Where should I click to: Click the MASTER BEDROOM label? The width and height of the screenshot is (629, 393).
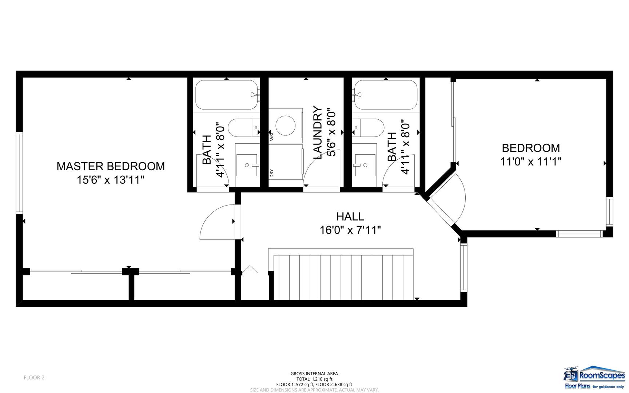coord(111,166)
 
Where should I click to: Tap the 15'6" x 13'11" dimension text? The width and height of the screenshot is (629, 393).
coord(111,180)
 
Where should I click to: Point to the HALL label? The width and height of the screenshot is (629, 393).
coord(350,217)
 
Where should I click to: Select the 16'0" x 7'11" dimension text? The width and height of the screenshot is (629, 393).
coord(350,230)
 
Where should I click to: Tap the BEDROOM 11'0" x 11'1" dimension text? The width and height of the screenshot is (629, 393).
coord(531,161)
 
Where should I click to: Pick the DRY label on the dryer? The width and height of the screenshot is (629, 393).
coord(272,174)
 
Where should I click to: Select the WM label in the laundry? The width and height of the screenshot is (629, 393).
coord(272,137)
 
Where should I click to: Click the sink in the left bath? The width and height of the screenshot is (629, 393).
coord(247,165)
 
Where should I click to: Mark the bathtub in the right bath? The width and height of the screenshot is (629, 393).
coord(385,95)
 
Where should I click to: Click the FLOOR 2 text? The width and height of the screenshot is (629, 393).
coord(34,377)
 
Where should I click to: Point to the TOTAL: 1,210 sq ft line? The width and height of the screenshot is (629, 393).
coord(314,379)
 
